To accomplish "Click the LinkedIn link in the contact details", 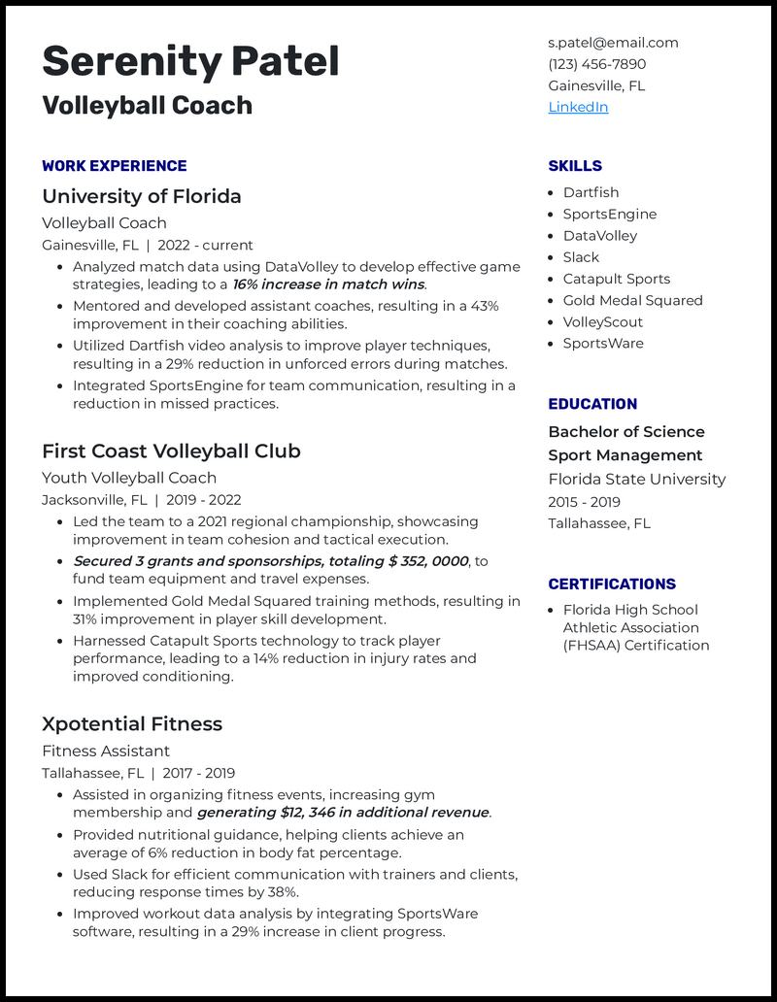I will click(x=578, y=107).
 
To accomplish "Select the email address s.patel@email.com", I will click(x=613, y=43).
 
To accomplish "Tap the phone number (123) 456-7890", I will click(x=596, y=64).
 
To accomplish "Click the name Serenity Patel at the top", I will click(x=190, y=61).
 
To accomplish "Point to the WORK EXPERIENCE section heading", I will click(x=114, y=166).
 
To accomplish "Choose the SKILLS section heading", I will click(x=575, y=166).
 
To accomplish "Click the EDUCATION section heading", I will click(x=592, y=404).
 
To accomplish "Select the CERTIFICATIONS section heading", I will click(x=612, y=584).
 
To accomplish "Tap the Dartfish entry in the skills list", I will click(x=591, y=192).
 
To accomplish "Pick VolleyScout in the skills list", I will click(x=603, y=321).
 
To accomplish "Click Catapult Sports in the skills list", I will click(x=617, y=279).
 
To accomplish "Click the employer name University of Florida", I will click(x=142, y=196).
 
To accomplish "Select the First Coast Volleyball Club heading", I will click(x=171, y=451).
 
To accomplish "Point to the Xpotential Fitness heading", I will click(x=132, y=723).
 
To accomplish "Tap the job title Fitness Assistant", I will click(x=106, y=751).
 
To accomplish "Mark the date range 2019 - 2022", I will click(x=198, y=500).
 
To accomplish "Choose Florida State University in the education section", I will click(x=636, y=479).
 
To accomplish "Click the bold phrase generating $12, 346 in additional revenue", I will click(x=343, y=813).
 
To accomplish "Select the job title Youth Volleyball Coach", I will click(x=129, y=478).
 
